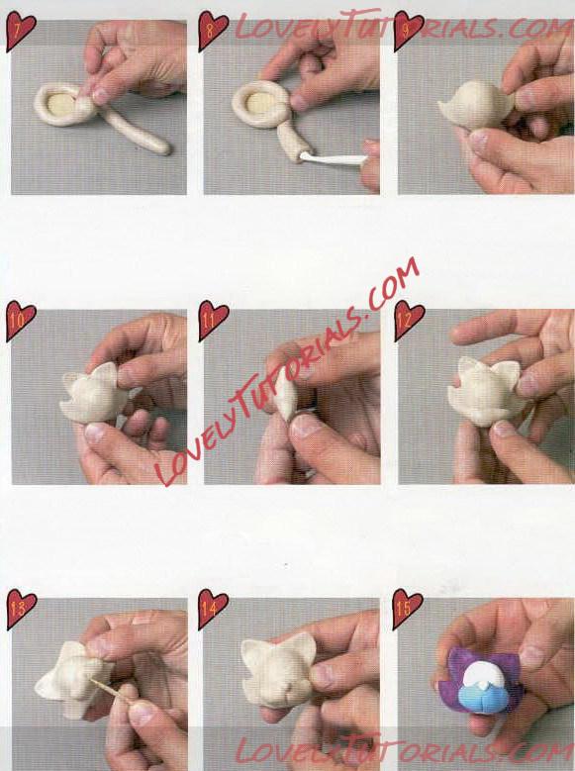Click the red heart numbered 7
point(20,31)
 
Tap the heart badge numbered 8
point(213,31)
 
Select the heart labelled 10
point(20,320)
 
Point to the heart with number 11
point(213,320)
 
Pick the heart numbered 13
point(20,610)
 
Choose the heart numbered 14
point(213,610)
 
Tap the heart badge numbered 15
point(407,610)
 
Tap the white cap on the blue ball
point(483,673)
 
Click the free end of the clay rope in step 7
point(163,147)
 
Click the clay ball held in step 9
point(476,106)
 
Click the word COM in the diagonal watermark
point(394,281)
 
